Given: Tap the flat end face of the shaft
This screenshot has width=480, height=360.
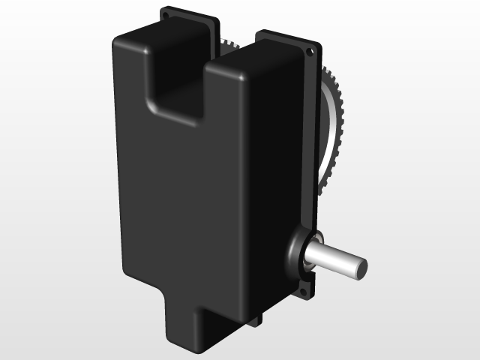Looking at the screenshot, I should click(x=360, y=267).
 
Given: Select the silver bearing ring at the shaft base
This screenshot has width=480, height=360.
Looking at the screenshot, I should click(x=309, y=255).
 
